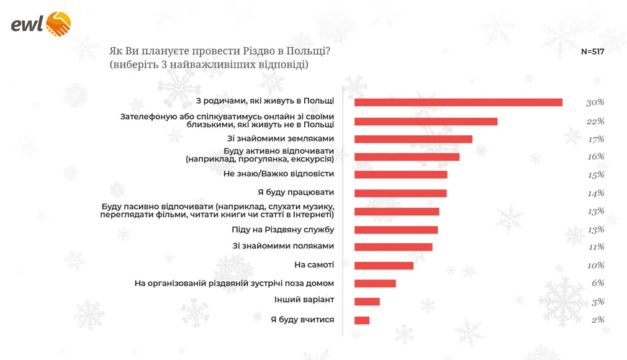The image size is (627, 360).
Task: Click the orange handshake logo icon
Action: pyautogui.click(x=59, y=24)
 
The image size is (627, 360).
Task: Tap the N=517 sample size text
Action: pyautogui.click(x=592, y=52)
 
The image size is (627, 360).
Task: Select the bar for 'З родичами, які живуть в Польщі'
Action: pyautogui.click(x=458, y=102)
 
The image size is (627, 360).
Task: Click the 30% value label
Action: pyautogui.click(x=595, y=102)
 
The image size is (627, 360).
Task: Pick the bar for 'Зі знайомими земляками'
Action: pyautogui.click(x=413, y=139)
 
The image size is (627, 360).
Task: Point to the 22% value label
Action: pyautogui.click(x=595, y=121)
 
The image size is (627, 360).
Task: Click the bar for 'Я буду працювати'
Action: pyautogui.click(x=400, y=193)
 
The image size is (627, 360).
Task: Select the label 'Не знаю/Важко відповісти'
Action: pyautogui.click(x=279, y=174)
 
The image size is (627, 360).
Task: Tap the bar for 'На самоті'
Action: pyautogui.click(x=384, y=266)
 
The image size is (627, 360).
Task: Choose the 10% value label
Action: pyautogui.click(x=595, y=266)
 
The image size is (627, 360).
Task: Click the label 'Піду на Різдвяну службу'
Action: pyautogui.click(x=283, y=230)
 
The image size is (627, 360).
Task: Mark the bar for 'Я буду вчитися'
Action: pyautogui.click(x=362, y=320)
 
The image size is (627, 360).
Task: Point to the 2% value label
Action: pyautogui.click(x=597, y=320)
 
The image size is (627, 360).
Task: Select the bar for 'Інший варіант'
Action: pyautogui.click(x=367, y=302)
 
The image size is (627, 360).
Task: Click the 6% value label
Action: pyautogui.click(x=597, y=283)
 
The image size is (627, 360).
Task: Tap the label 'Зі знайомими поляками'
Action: pyautogui.click(x=284, y=246)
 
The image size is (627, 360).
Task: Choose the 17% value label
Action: pyautogui.click(x=595, y=139)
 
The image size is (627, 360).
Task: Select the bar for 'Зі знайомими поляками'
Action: pyautogui.click(x=393, y=247)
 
